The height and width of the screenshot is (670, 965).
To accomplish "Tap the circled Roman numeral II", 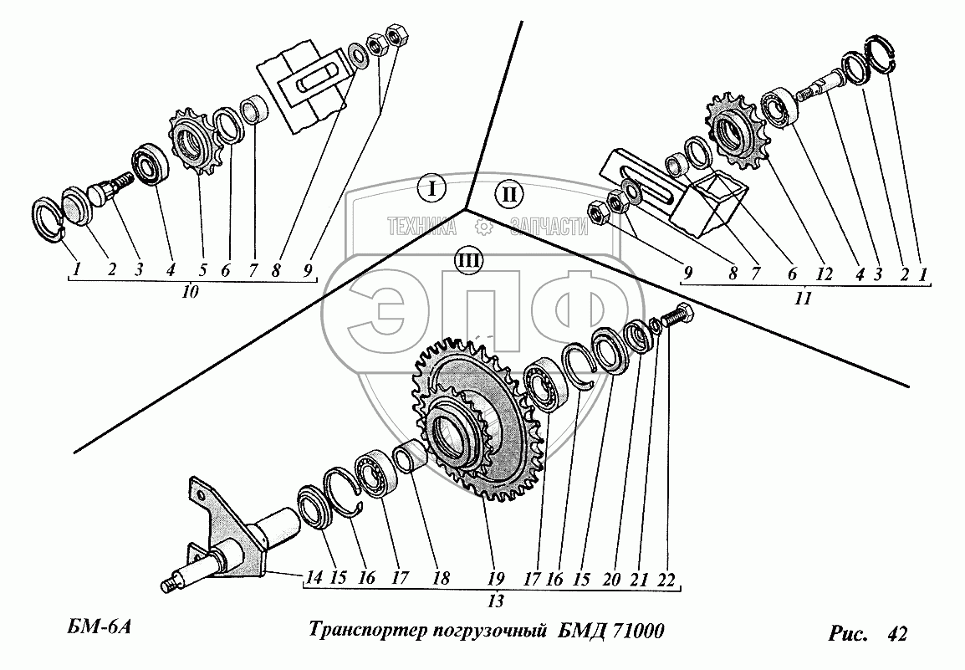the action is pos(508,196).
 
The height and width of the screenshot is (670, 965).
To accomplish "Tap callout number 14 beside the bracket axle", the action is pos(314,577).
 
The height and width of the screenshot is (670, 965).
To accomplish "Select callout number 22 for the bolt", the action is pos(666,577).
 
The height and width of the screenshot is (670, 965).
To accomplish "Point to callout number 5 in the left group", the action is pos(202,270).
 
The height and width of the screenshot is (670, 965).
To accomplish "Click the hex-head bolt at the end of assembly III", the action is pos(677,318).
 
